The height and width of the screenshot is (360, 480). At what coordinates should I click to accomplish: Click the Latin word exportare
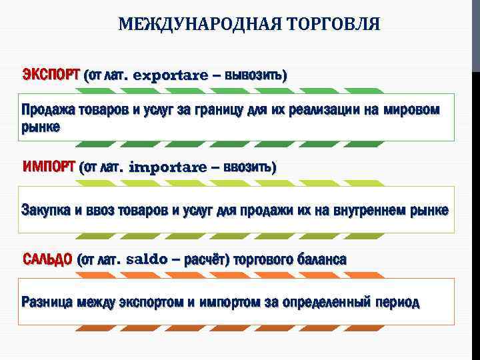coord(171,75)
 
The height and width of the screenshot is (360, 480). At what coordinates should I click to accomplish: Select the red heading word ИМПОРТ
coord(49,166)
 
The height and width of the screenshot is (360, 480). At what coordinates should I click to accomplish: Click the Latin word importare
coord(167,167)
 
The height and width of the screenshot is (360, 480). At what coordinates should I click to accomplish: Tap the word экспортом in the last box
coord(151,302)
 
